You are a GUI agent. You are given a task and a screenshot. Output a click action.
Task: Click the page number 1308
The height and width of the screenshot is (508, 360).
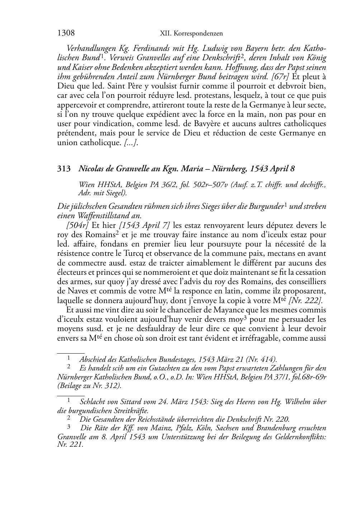[66, 33]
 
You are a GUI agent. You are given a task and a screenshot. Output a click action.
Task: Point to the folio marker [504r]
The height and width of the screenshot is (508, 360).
[78, 225]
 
